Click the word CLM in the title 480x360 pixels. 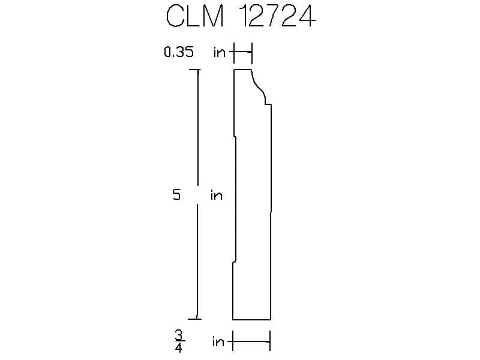[x=194, y=16]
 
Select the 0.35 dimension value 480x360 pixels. [x=179, y=52]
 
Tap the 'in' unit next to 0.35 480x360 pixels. [x=220, y=52]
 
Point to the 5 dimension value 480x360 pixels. [x=176, y=194]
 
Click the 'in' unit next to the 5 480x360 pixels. [x=217, y=195]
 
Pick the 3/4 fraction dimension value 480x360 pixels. [x=179, y=341]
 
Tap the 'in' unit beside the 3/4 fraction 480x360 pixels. [x=218, y=341]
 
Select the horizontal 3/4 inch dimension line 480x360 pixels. [x=251, y=341]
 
